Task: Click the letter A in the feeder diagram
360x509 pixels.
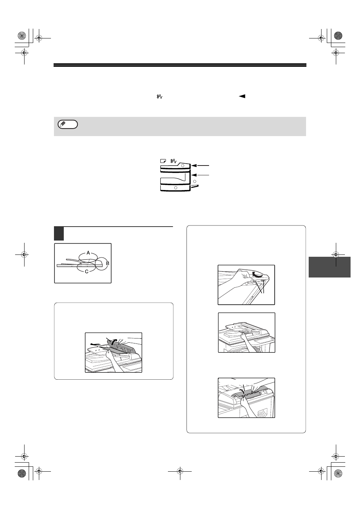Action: tap(88, 253)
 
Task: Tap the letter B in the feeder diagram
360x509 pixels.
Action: tap(108, 264)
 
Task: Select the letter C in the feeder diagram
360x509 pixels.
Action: tap(87, 271)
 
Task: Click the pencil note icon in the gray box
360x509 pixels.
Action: tap(68, 124)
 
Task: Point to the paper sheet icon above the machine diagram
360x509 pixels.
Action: tap(163, 161)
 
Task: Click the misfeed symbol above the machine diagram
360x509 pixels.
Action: tap(174, 161)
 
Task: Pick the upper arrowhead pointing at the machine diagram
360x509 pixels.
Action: tap(194, 166)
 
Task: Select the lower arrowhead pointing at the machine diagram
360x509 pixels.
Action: tap(194, 175)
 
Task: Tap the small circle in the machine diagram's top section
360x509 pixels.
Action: tap(183, 166)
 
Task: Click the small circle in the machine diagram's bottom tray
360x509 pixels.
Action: tap(175, 188)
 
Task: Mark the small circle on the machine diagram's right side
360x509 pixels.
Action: tap(194, 181)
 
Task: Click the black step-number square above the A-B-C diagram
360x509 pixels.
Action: tap(58, 233)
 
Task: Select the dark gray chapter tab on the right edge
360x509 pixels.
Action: tap(329, 267)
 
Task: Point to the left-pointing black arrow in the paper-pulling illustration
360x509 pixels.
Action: tap(95, 343)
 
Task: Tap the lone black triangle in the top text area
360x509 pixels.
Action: tap(242, 96)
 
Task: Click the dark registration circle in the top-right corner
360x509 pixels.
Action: tap(338, 36)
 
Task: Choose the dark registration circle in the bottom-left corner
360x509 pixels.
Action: tap(22, 473)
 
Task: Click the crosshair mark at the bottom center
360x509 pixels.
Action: tap(180, 471)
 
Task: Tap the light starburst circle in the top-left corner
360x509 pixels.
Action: tap(22, 36)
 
